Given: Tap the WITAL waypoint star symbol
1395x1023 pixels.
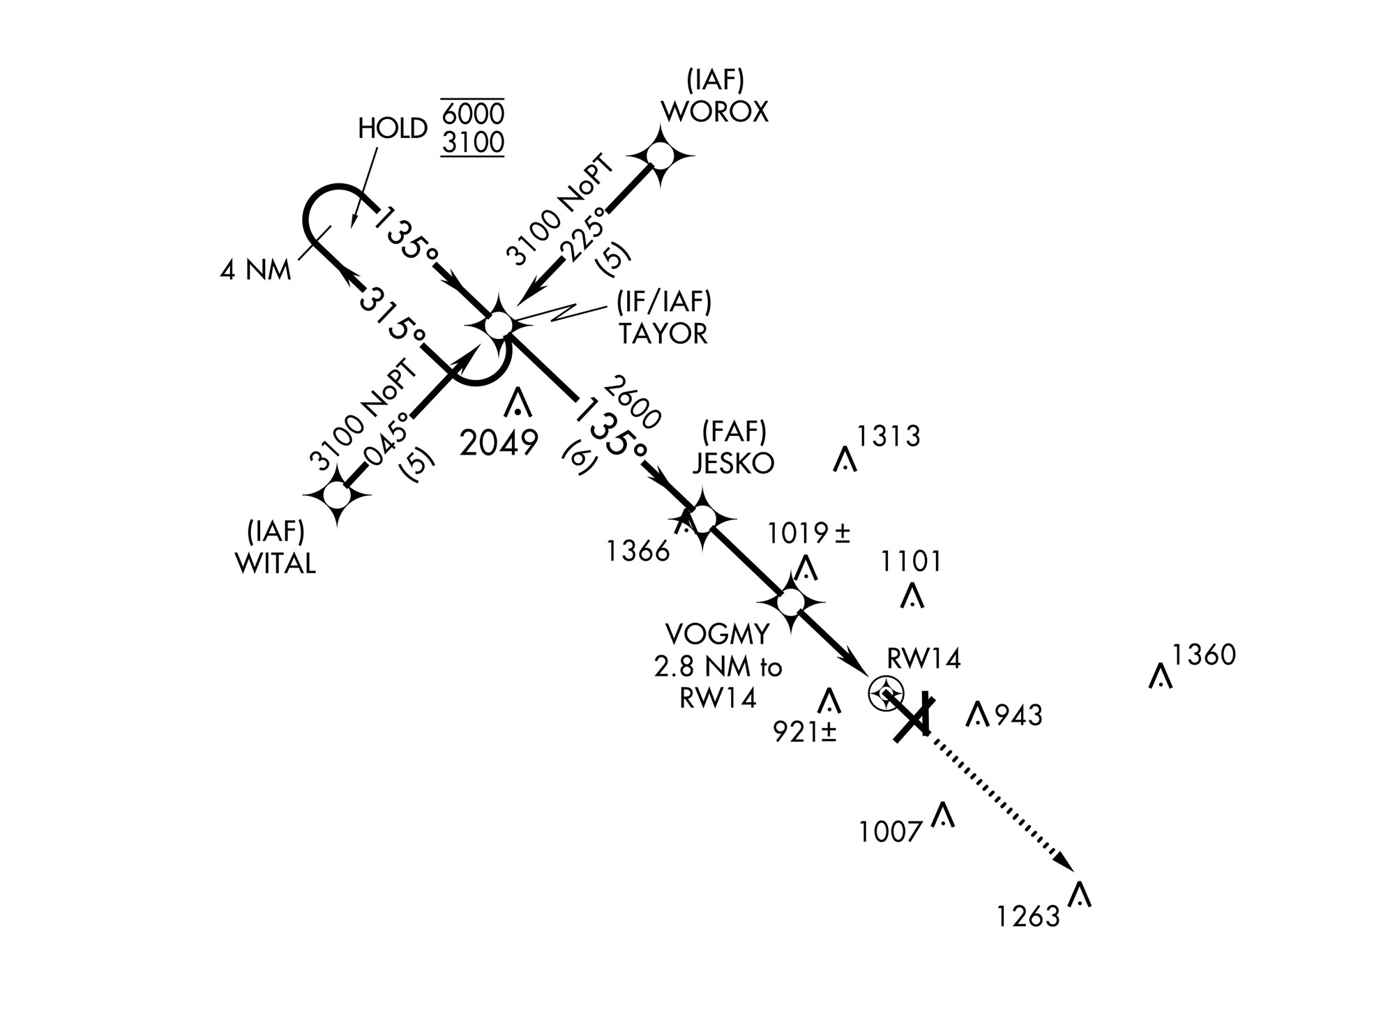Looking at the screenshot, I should point(338,495).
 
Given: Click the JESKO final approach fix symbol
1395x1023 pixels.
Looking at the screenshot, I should point(703,517).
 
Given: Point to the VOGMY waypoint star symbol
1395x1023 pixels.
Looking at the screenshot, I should point(791,600).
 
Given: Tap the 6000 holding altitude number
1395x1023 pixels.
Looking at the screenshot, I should point(473,114).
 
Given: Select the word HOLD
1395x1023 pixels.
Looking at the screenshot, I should point(392,129).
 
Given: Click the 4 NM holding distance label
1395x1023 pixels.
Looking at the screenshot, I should point(255,271).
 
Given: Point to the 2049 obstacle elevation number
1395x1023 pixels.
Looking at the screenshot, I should point(499,443).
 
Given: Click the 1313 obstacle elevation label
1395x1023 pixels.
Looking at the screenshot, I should point(888,437).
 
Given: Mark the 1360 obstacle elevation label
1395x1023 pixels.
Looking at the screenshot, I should point(1203,656).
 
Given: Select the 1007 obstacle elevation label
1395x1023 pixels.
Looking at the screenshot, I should point(891,833).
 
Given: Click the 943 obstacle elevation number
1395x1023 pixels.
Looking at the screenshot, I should point(1018,715).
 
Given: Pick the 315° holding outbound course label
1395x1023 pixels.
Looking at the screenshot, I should point(392,315).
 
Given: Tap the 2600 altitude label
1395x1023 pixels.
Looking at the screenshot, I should point(632,402).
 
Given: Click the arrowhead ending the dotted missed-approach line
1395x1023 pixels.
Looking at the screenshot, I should point(1065,862).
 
